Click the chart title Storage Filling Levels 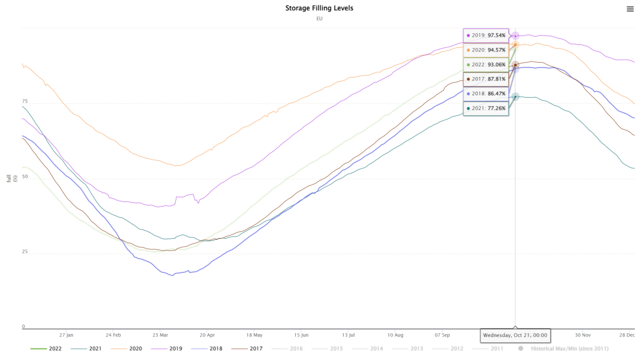[x=319, y=8]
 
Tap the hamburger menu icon [x=630, y=8]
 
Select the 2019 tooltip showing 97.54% [x=485, y=36]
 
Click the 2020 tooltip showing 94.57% [x=485, y=50]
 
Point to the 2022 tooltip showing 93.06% [x=485, y=65]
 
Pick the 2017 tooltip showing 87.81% [x=485, y=79]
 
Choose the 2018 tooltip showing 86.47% [x=485, y=94]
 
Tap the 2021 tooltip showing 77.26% [x=485, y=108]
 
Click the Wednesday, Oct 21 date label [x=515, y=335]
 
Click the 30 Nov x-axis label [x=583, y=335]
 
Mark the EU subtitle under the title [x=319, y=18]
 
